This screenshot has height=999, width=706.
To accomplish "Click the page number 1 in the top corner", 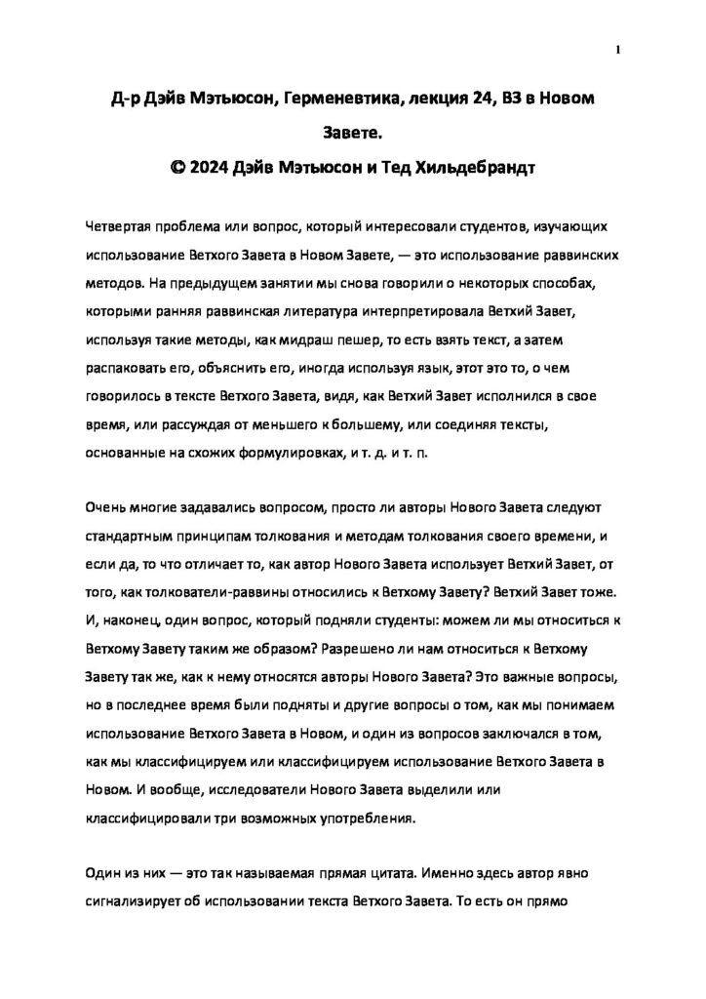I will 618,50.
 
